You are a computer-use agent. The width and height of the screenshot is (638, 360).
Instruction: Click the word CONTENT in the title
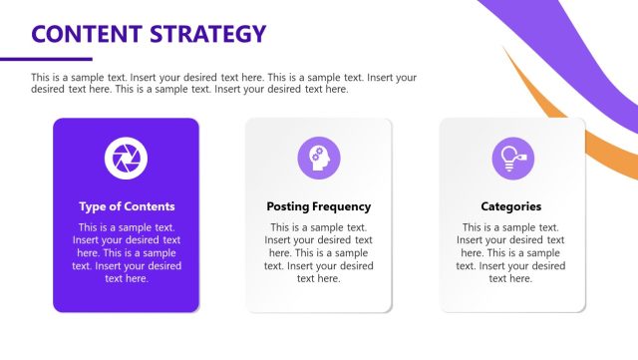point(86,34)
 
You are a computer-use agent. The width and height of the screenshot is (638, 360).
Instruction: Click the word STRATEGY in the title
point(207,34)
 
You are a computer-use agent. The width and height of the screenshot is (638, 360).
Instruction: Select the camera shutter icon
point(126,157)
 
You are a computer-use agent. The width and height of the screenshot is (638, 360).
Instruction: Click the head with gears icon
point(319,157)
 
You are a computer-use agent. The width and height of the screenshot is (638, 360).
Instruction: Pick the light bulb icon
point(510,157)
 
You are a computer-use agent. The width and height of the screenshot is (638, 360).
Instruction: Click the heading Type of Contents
point(127,206)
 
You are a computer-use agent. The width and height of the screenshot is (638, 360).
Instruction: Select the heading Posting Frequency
point(319,206)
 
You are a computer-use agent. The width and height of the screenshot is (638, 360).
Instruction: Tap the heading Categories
point(511,206)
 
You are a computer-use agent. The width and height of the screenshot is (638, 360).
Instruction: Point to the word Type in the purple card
point(93,206)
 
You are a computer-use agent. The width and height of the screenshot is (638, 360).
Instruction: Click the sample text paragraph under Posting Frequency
point(319,252)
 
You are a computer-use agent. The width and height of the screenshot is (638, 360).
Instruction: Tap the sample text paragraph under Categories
point(511,252)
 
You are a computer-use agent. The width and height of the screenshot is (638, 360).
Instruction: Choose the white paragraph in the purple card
point(127,252)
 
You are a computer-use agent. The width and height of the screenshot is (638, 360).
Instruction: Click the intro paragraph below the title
point(224,83)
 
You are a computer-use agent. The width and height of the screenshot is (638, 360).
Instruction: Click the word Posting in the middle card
point(288,206)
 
